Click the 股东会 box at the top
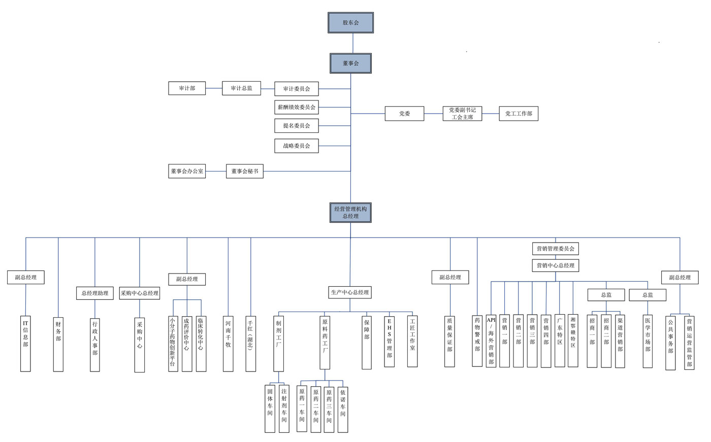pos(350,23)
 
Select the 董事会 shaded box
pos(350,63)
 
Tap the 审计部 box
pos(187,88)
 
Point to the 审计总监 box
pos(241,88)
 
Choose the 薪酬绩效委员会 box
pos(297,107)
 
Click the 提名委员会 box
pos(297,125)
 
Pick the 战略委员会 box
pos(297,146)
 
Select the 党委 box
pos(404,114)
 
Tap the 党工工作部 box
pos(519,114)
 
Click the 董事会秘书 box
pos(245,171)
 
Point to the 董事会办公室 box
pos(187,171)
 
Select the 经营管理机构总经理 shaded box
pos(350,213)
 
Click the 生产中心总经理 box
pos(350,292)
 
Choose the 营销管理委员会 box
pos(555,249)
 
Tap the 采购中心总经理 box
pos(139,293)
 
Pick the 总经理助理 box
pos(95,293)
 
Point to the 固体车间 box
pos(270,408)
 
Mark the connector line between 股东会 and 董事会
pos(353,44)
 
